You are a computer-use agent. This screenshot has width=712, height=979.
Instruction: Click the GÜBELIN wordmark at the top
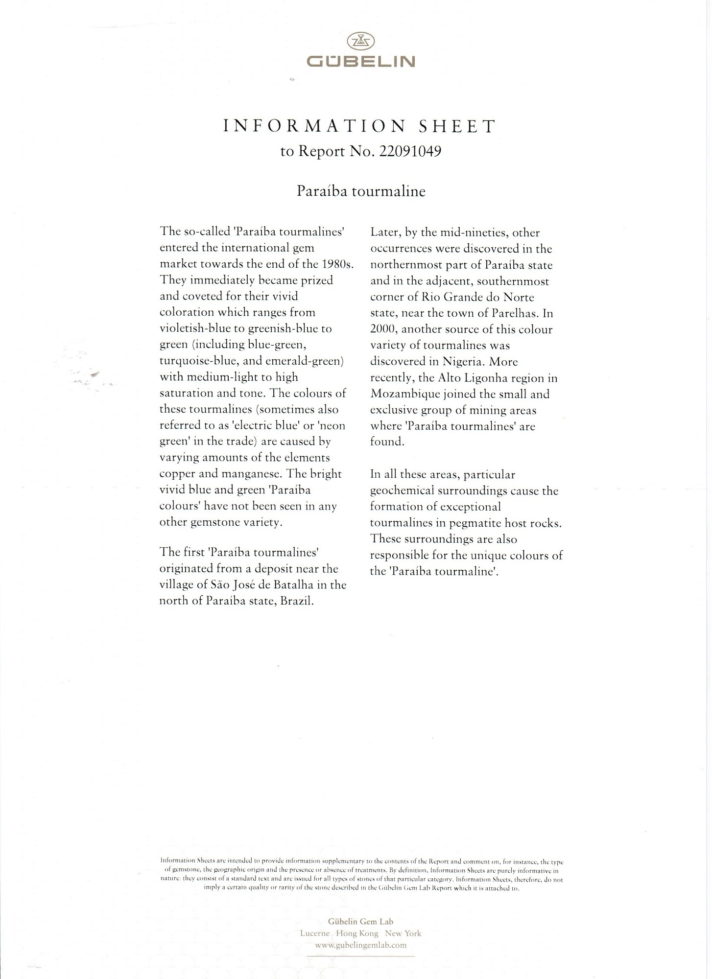point(360,62)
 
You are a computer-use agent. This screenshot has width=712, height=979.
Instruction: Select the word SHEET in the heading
point(457,126)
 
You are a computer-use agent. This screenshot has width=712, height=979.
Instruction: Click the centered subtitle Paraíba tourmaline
point(361,191)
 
